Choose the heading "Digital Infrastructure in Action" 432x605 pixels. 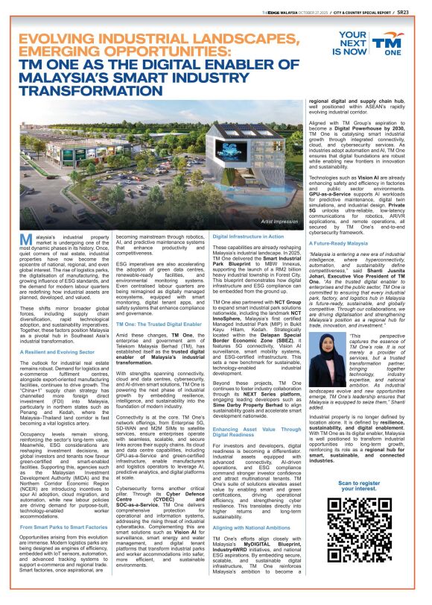tap(250, 235)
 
